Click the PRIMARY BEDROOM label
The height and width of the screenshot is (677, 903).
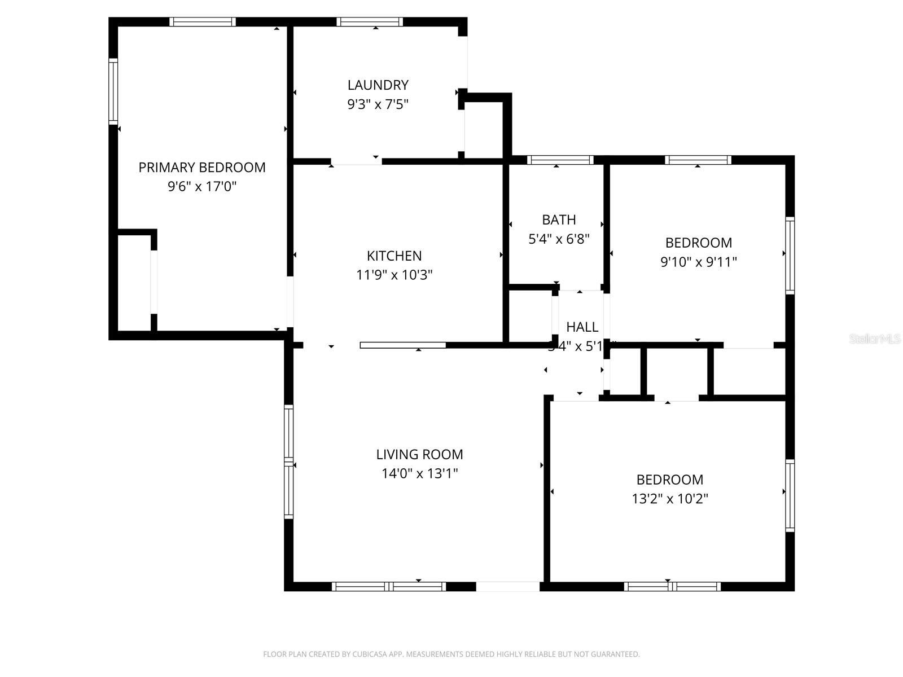tap(201, 168)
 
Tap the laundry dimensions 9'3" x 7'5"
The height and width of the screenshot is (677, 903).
tap(378, 104)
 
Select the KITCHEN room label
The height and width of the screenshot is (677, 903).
tap(394, 256)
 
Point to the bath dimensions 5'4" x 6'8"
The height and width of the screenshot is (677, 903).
tap(559, 239)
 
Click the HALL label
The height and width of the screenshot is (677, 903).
tap(582, 327)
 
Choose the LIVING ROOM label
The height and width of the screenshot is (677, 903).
tap(419, 455)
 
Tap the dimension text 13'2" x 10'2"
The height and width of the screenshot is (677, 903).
tap(670, 499)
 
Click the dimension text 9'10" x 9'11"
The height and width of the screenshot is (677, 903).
tap(699, 262)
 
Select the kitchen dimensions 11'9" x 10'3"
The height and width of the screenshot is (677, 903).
tap(394, 275)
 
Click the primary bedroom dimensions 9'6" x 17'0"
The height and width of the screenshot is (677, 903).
tap(201, 187)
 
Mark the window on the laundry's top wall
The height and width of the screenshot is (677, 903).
tap(370, 22)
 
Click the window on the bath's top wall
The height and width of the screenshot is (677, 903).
tap(560, 160)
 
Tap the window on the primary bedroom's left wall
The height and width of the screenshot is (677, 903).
tap(113, 91)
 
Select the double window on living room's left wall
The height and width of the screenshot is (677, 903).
tap(288, 461)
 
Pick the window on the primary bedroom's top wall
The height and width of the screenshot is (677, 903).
tap(202, 22)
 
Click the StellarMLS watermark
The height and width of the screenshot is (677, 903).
tap(875, 339)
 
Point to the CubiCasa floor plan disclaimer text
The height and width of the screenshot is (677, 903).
tap(451, 654)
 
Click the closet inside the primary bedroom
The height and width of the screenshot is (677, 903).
tap(134, 282)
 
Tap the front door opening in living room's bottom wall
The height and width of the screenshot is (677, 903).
tap(508, 587)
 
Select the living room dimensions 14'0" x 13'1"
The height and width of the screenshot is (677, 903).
tap(419, 474)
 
